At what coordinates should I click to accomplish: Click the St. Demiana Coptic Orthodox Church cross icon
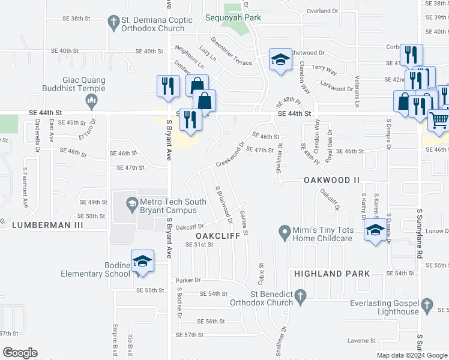coord(112,24)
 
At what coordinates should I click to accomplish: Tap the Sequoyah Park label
coord(233,18)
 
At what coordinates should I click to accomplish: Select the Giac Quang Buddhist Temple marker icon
coord(91,103)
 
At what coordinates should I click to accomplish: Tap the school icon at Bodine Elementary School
coord(143,262)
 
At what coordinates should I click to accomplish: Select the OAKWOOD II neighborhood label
coord(331,179)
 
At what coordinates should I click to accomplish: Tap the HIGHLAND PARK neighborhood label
coord(332,274)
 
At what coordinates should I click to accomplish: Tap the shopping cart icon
coord(439,120)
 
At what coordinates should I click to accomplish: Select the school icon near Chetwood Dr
coord(280,59)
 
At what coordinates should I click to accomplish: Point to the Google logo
coord(20,353)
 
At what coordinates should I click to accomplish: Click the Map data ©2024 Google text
coord(411,355)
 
